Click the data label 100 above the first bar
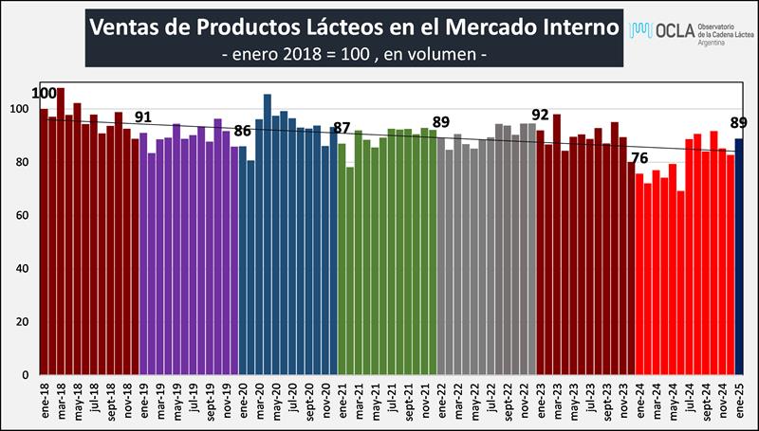coord(44,93)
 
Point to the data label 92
coord(540,116)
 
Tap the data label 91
coord(143,117)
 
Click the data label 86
coord(243,131)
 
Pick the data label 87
coord(342,128)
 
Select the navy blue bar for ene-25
coord(739,256)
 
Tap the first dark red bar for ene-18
coord(44,242)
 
